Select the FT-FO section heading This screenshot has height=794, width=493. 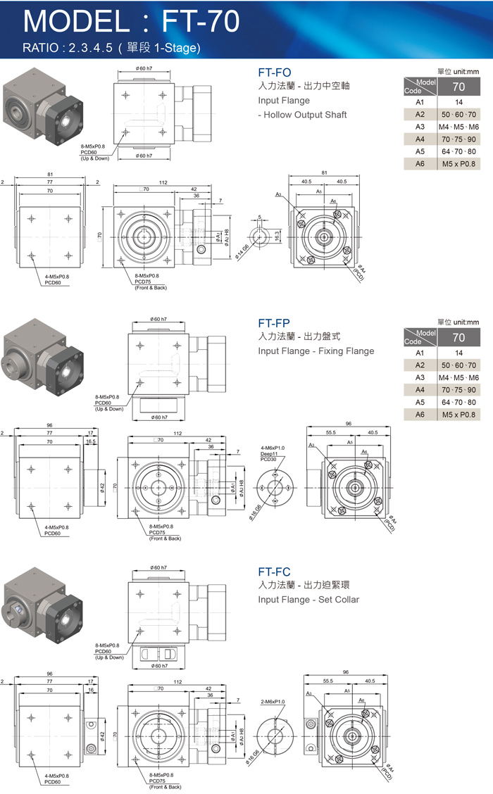point(275,72)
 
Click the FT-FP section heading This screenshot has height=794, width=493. point(274,323)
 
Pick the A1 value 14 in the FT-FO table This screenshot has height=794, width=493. point(458,101)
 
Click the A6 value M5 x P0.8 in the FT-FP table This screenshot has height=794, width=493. point(458,415)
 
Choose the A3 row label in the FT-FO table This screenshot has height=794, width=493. point(420,127)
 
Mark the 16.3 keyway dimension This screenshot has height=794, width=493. point(277,234)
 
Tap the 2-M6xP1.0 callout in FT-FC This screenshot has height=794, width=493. point(273,702)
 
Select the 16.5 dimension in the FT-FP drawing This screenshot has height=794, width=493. point(90,441)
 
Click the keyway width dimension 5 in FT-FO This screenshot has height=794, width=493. point(259,217)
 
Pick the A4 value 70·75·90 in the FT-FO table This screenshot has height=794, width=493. point(458,139)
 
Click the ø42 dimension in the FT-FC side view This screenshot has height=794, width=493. point(103,736)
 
